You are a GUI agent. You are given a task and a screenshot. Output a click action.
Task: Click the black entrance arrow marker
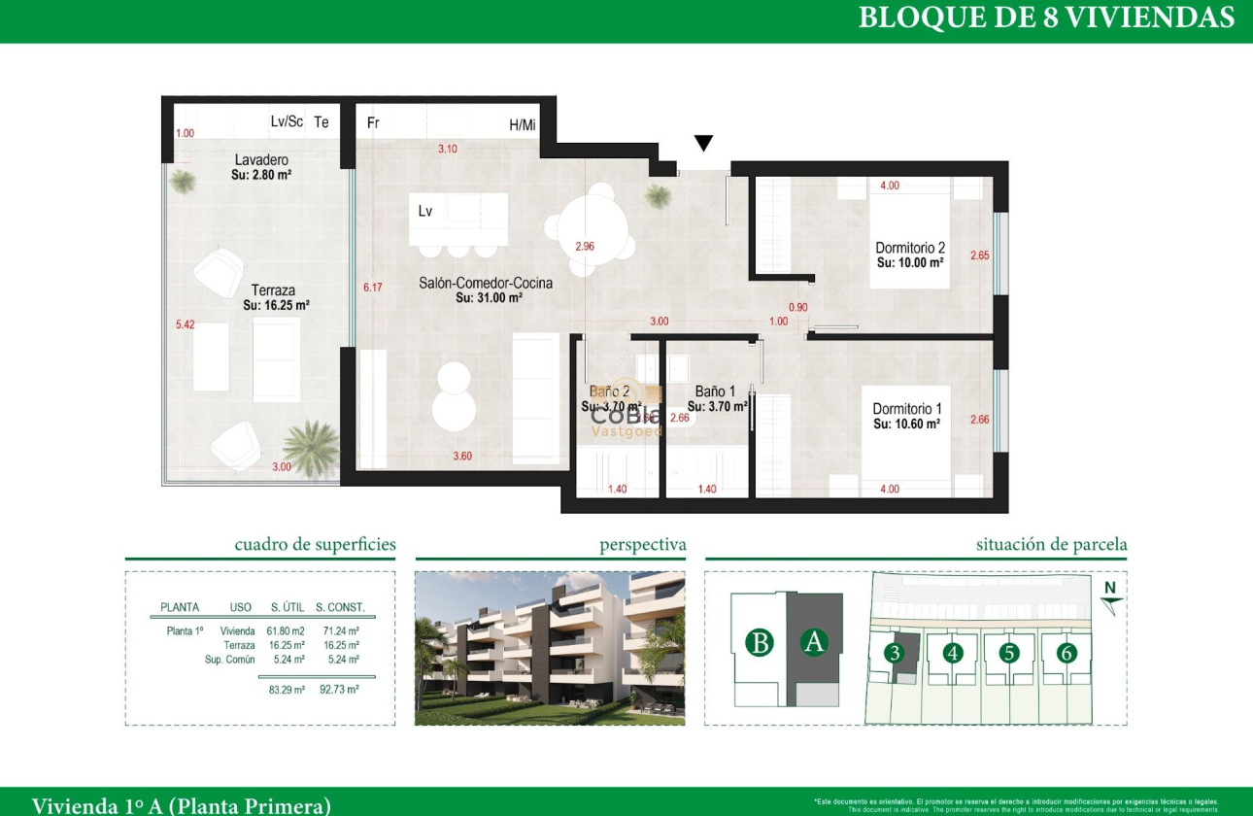(x=703, y=144)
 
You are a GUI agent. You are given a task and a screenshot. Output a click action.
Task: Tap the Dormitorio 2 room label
(x=910, y=249)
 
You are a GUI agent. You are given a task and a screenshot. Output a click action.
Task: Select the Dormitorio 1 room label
(x=907, y=409)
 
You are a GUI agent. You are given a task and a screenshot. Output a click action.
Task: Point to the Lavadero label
(x=261, y=160)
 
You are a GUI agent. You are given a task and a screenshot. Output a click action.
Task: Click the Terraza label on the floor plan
(x=273, y=289)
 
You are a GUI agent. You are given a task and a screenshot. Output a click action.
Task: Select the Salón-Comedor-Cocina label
(x=486, y=284)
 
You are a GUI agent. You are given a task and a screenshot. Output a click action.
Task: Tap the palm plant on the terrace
(x=310, y=447)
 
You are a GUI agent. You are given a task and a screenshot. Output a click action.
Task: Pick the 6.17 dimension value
(x=373, y=288)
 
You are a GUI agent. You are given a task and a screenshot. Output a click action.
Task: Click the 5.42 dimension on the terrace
(x=185, y=324)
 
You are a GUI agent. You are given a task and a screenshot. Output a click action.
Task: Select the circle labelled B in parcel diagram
(x=761, y=643)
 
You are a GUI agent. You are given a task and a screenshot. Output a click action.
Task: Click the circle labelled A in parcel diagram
(x=814, y=642)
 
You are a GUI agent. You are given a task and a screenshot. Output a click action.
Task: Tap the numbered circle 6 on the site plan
(x=1067, y=653)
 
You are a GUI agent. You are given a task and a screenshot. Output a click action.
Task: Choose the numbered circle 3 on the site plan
(x=894, y=653)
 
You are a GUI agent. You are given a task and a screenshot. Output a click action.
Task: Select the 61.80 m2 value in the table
(x=287, y=630)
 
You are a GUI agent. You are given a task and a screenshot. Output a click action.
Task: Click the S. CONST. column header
(x=340, y=607)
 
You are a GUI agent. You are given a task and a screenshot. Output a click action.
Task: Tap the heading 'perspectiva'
(x=642, y=545)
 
